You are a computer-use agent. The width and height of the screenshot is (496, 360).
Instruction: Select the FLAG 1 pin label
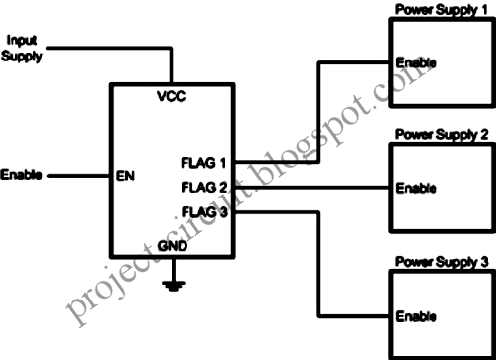(203, 162)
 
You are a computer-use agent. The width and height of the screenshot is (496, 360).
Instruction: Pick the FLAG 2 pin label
(203, 186)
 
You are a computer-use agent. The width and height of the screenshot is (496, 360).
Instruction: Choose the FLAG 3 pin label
(203, 210)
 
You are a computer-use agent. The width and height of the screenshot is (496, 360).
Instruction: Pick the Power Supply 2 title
(440, 133)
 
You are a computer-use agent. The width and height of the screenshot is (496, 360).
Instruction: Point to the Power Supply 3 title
(440, 263)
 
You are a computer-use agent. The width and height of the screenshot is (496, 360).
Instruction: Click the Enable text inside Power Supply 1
(415, 62)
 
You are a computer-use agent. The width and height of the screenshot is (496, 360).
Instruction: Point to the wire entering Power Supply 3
(357, 316)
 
